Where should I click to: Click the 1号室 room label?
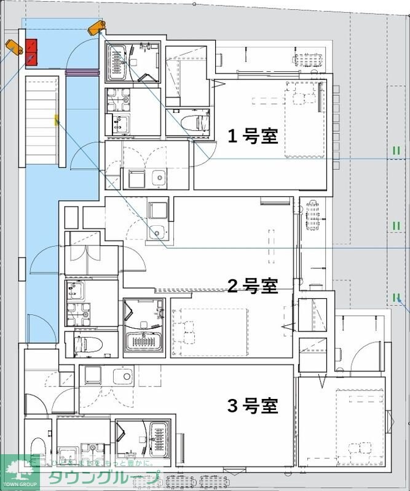click(x=253, y=136)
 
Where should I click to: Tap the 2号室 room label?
click(x=253, y=285)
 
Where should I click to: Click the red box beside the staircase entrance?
click(x=31, y=52)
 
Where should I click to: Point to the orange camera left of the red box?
click(x=12, y=45)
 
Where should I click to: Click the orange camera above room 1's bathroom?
click(x=95, y=27)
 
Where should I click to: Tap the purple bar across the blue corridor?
click(x=82, y=72)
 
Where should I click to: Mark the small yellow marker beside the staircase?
click(x=57, y=119)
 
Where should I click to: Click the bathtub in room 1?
click(x=117, y=62)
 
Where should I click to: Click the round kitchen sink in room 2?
click(x=157, y=232)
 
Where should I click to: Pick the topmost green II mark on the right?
click(x=396, y=150)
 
